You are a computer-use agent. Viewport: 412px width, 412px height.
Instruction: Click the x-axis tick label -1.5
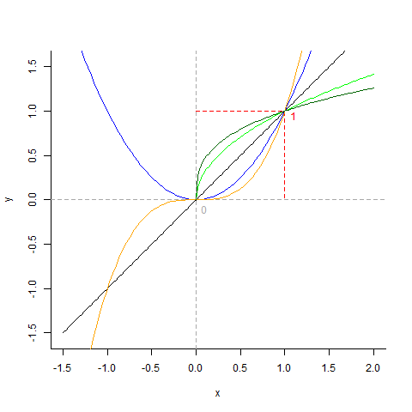coord(64,367)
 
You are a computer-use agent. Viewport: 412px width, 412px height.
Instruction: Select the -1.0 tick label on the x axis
coord(107,367)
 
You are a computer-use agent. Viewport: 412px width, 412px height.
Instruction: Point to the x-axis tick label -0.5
coord(151,367)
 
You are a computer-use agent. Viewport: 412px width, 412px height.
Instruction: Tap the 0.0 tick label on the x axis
coord(197,367)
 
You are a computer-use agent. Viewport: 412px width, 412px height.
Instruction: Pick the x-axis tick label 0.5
coord(240,367)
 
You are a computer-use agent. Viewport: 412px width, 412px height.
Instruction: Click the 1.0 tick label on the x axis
coord(284,367)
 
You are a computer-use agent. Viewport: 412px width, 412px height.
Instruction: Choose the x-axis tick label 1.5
coord(329,367)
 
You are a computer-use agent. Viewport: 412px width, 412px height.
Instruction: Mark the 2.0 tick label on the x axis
coord(373,367)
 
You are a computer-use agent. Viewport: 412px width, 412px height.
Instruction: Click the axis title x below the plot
coord(217,393)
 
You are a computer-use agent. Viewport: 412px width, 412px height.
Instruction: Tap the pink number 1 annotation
coord(293,117)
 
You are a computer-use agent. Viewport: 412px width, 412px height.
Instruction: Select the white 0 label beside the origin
coord(203,209)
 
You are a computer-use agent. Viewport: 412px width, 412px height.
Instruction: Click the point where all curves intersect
coord(284,112)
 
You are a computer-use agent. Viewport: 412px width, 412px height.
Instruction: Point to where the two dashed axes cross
coord(197,199)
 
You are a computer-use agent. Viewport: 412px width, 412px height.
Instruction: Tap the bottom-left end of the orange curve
coord(91,348)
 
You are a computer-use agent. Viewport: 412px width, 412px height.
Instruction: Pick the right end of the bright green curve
coord(373,75)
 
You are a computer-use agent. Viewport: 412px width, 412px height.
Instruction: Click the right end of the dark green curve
coord(373,88)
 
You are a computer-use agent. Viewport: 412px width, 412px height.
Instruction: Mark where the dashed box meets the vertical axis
coord(197,112)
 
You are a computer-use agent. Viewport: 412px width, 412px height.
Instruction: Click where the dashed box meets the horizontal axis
coord(284,199)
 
